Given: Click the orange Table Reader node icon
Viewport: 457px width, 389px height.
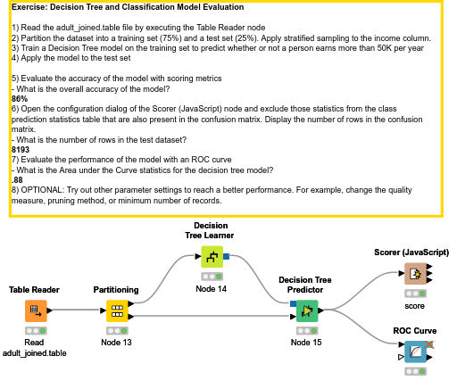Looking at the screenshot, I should [x=35, y=310].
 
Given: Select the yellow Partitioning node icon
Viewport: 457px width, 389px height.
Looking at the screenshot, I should [x=117, y=310].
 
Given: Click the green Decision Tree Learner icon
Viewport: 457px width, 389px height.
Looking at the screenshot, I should [x=212, y=258].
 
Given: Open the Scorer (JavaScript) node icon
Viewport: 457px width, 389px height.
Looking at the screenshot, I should [x=415, y=275].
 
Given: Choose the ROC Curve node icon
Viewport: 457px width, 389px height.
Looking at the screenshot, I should [x=415, y=353].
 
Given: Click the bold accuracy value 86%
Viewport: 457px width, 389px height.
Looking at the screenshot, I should [x=20, y=98].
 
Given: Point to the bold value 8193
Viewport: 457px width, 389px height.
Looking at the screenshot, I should [x=21, y=149].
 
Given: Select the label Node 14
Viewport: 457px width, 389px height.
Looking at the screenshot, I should [x=212, y=289].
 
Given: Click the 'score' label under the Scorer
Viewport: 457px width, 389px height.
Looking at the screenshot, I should [x=414, y=305].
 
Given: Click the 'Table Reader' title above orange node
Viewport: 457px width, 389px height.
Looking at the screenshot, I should [x=34, y=290].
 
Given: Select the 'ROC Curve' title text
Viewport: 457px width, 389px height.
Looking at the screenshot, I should [x=414, y=331].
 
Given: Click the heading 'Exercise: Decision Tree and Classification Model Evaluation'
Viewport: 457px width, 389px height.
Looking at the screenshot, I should [x=135, y=7].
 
